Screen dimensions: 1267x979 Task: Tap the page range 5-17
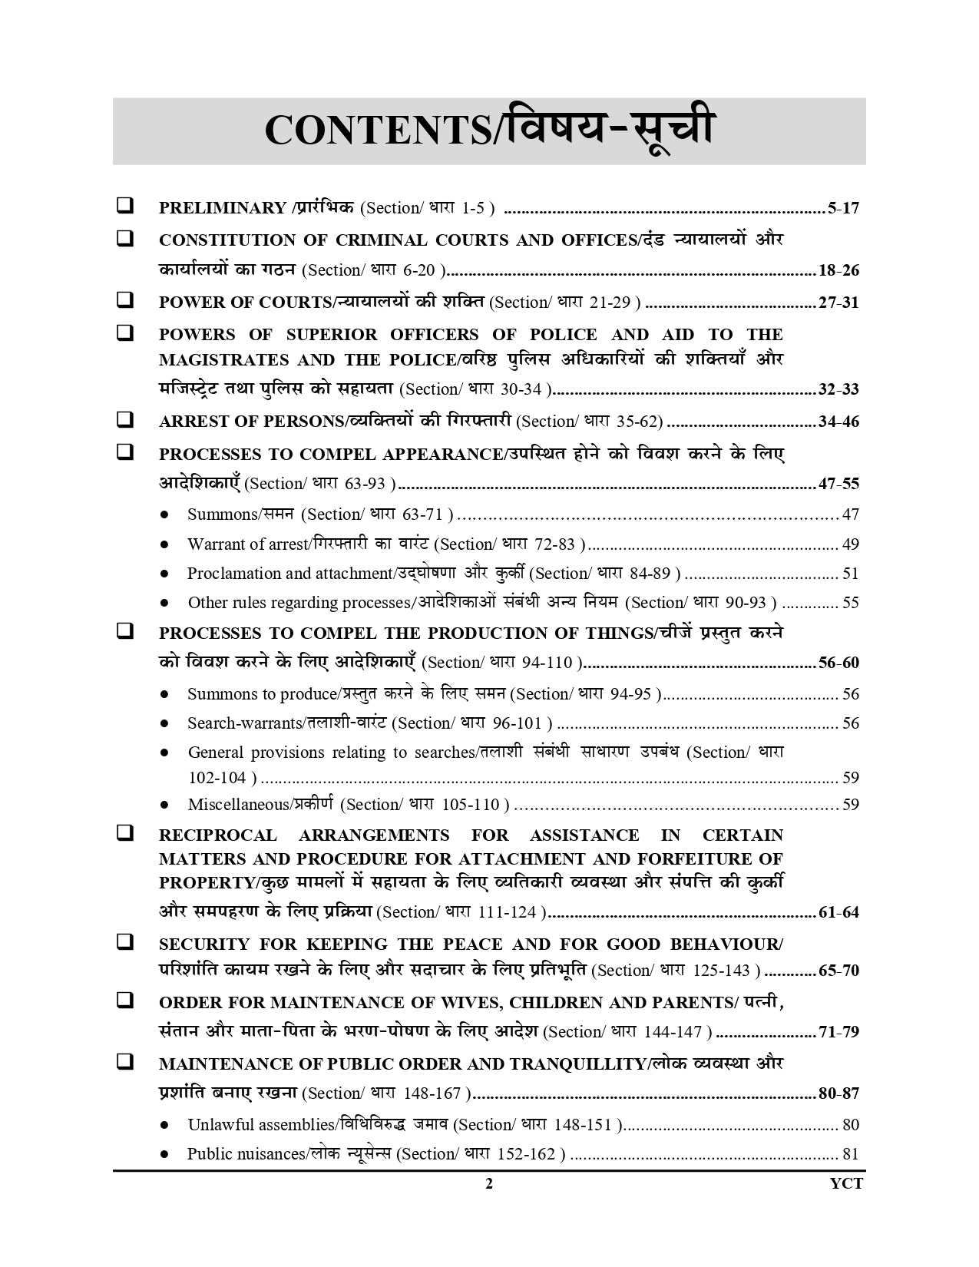coord(843,208)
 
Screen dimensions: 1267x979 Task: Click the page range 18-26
coord(838,270)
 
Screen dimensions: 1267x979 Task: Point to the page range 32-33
coord(838,389)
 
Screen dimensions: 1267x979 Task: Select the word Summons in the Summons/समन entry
coord(222,514)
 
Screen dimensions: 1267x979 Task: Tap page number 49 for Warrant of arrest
coord(850,544)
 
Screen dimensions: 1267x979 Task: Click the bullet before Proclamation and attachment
coord(164,574)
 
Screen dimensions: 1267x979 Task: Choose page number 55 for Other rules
coord(850,603)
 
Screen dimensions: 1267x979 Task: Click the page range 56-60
coord(838,663)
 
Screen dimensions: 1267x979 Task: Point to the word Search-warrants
coord(244,723)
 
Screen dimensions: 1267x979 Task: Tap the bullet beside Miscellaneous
coord(164,806)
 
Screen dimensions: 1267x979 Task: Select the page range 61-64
coord(838,913)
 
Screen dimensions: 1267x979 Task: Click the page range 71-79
coord(838,1032)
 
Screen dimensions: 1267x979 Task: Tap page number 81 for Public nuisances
coord(850,1154)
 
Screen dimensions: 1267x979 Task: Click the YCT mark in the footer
coord(845,1183)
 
